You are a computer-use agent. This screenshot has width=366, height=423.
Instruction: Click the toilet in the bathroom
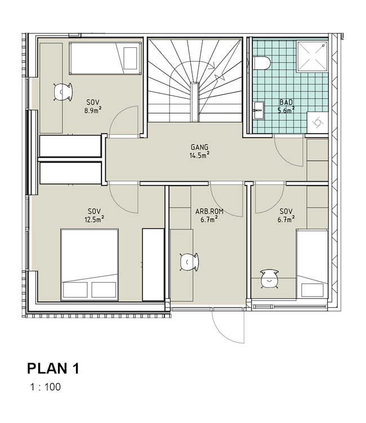coord(261,63)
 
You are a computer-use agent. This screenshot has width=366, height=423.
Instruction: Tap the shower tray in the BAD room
coord(312,56)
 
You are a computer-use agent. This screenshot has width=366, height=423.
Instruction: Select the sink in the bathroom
coord(258,110)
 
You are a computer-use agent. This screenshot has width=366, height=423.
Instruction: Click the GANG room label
coord(199,147)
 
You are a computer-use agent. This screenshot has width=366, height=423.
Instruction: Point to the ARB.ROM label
coord(209,211)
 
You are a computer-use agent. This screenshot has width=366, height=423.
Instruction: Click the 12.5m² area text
coord(94,219)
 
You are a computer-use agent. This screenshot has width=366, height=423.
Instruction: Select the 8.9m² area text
coord(93,111)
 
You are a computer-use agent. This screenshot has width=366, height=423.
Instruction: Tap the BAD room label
coord(286,102)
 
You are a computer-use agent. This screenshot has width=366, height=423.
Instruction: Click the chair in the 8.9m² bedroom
coord(63,92)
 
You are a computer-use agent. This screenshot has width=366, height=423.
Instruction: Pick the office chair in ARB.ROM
coord(189,262)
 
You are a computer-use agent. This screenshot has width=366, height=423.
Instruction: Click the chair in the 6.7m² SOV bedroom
coord(269,279)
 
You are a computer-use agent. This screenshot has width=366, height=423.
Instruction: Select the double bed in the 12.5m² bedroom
coord(90,265)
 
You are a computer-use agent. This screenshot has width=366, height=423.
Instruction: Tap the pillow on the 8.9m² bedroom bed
coord(130,58)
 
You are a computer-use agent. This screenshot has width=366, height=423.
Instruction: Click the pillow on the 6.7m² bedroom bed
coord(312,290)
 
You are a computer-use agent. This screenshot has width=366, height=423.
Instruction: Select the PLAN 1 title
coord(53,368)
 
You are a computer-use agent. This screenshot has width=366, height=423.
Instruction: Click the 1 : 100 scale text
coord(46,387)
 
